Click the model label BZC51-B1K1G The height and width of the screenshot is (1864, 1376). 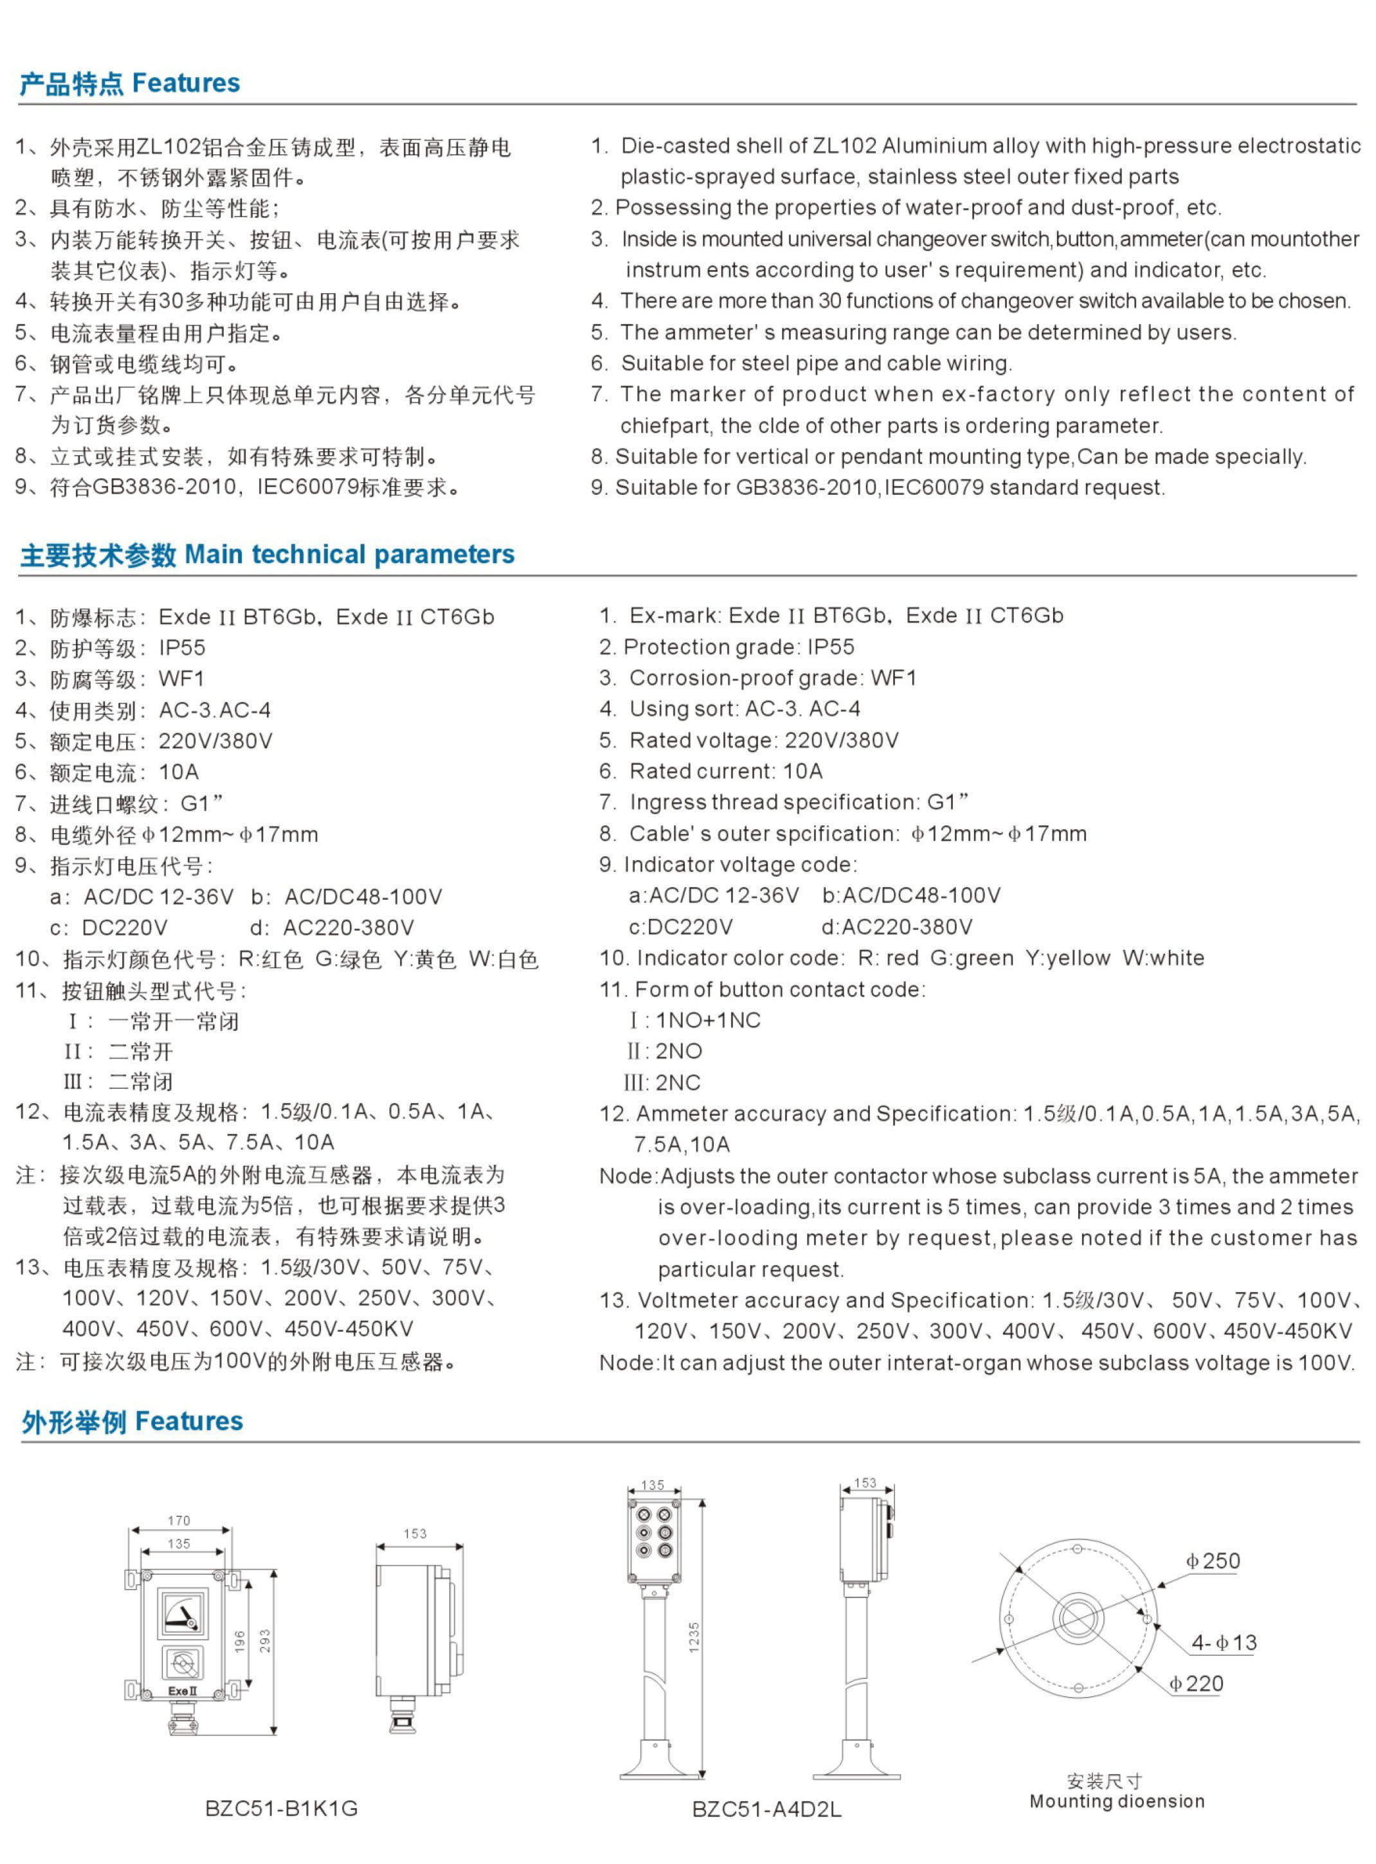click(x=281, y=1808)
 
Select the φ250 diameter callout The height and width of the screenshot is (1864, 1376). click(x=1213, y=1561)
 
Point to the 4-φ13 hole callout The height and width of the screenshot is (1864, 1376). click(x=1224, y=1642)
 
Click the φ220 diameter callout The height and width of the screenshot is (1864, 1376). click(x=1196, y=1683)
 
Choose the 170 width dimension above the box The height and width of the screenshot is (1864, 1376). click(x=179, y=1520)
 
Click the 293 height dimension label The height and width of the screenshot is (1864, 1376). click(x=265, y=1641)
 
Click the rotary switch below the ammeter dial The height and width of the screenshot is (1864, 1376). click(x=183, y=1663)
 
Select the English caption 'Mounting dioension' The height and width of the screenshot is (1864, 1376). click(x=1117, y=1802)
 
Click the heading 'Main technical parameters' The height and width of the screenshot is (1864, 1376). click(x=350, y=555)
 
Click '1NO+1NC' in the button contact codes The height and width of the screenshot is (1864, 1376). click(x=708, y=1020)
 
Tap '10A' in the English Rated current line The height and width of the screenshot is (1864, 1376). click(x=802, y=771)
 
